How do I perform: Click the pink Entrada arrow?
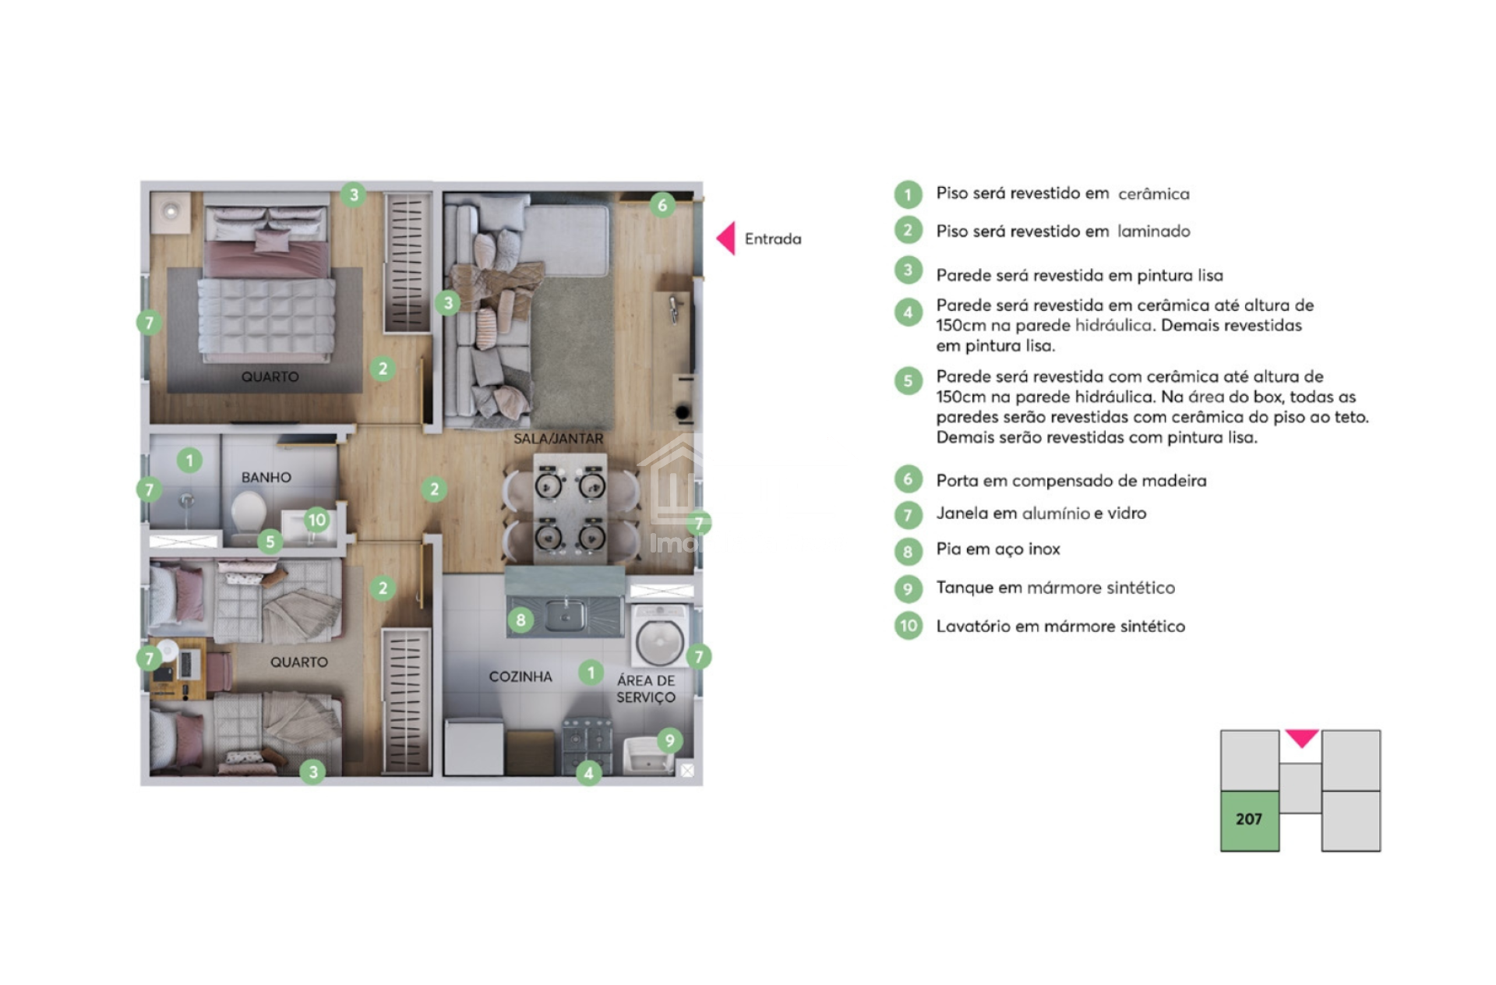point(727,238)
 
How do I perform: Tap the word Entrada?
point(772,239)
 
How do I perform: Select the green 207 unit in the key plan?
point(1249,821)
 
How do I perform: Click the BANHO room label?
point(266,478)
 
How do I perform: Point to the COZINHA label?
point(520,676)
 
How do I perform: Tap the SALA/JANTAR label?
point(558,439)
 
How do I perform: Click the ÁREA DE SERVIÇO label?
point(646,689)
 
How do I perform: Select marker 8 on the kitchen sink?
point(520,620)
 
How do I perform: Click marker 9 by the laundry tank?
point(669,740)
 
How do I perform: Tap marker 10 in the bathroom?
point(316,520)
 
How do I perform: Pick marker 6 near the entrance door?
point(662,205)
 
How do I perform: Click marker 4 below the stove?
point(588,773)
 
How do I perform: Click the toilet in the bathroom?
point(248,514)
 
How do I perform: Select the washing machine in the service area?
point(659,636)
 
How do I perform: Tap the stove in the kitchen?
point(587,746)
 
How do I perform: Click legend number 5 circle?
point(908,381)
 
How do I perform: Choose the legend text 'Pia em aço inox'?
point(998,549)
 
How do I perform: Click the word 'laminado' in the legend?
point(1153,231)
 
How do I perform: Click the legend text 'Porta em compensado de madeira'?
point(1071,481)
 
